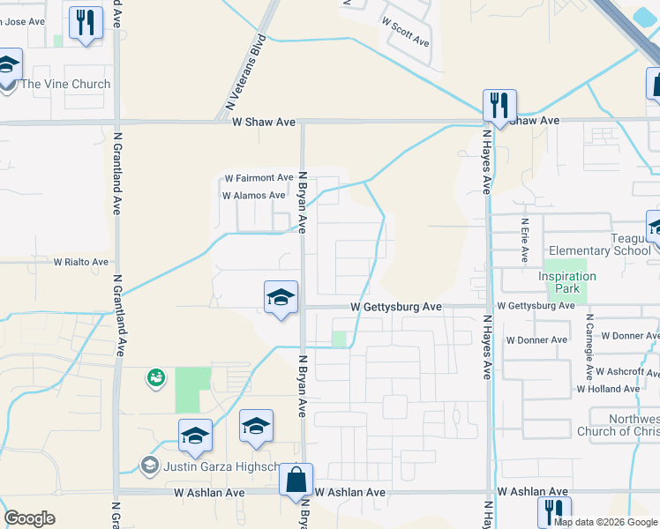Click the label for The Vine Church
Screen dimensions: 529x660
[65, 85]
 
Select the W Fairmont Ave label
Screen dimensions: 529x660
[259, 178]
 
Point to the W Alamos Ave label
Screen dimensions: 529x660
[254, 196]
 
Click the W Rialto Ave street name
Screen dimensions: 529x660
[81, 262]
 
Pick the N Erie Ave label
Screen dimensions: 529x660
[524, 241]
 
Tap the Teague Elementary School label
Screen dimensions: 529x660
[599, 244]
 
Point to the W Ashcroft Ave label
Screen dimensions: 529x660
[627, 372]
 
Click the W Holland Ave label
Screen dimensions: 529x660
[608, 389]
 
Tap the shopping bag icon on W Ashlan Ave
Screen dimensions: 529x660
[296, 481]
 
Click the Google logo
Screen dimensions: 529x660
[29, 518]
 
